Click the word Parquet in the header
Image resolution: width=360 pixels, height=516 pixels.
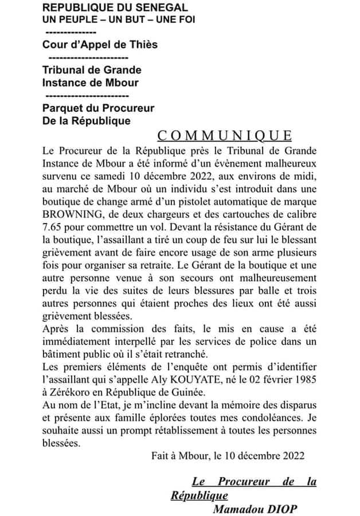point(62,108)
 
